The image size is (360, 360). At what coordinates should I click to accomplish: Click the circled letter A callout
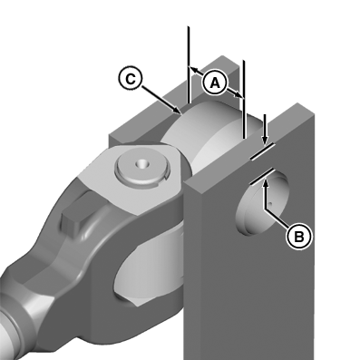pyautogui.click(x=215, y=83)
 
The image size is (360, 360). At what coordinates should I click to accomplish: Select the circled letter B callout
pyautogui.click(x=298, y=237)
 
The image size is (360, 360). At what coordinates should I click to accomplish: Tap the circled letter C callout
pyautogui.click(x=131, y=79)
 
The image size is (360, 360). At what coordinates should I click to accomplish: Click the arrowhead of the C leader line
pyautogui.click(x=178, y=111)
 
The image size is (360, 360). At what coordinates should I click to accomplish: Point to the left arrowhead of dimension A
pyautogui.click(x=193, y=70)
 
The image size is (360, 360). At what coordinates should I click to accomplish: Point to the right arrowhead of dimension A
pyautogui.click(x=238, y=94)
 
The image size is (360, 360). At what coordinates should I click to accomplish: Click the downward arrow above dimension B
pyautogui.click(x=265, y=130)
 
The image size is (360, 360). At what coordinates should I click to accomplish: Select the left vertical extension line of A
pyautogui.click(x=189, y=65)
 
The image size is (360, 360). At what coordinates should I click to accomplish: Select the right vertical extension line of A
pyautogui.click(x=244, y=100)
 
